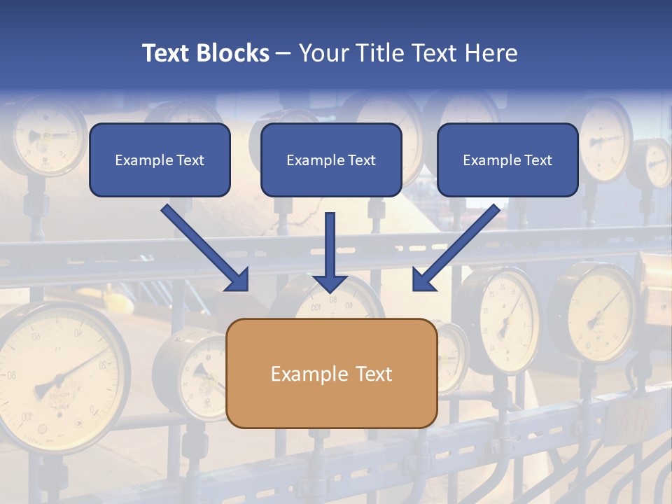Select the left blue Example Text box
pyautogui.click(x=160, y=160)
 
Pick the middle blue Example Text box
pyautogui.click(x=331, y=160)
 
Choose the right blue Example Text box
pyautogui.click(x=507, y=160)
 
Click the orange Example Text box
pyautogui.click(x=332, y=374)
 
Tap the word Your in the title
pyautogui.click(x=323, y=53)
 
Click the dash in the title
pyautogui.click(x=283, y=53)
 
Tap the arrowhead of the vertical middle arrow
pyautogui.click(x=330, y=283)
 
